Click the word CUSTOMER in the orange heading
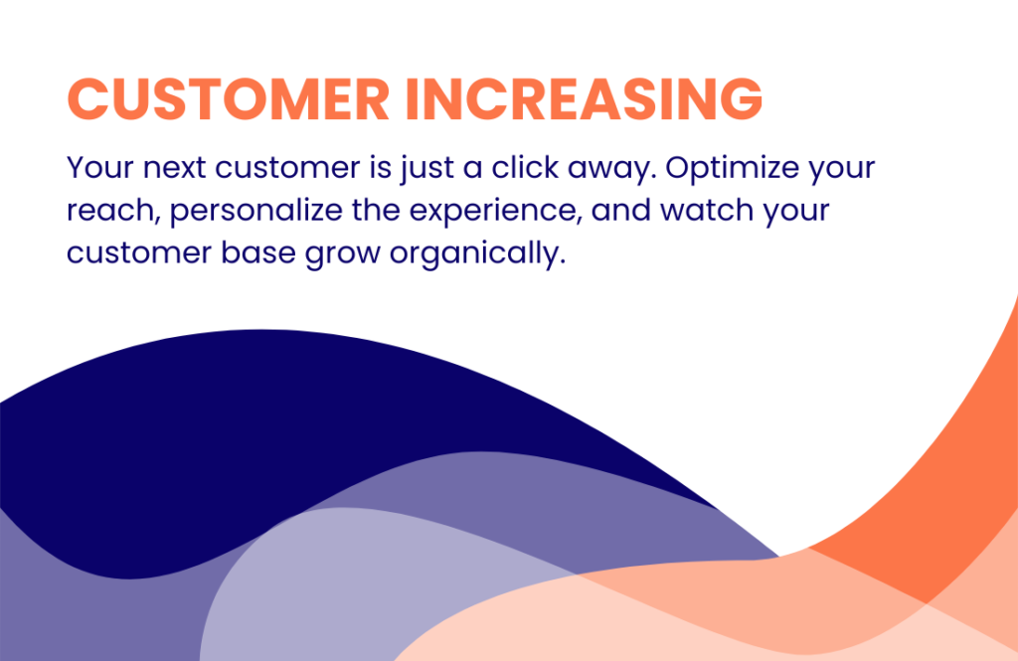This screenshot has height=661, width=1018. pos(228,99)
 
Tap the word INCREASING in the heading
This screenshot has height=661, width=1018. pos(584,99)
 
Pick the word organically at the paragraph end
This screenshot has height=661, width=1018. pos(477,253)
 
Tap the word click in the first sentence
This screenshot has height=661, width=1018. pos(525,168)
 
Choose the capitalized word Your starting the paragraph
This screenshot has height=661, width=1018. pos(99,168)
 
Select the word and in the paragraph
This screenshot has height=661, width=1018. pos(620,211)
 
